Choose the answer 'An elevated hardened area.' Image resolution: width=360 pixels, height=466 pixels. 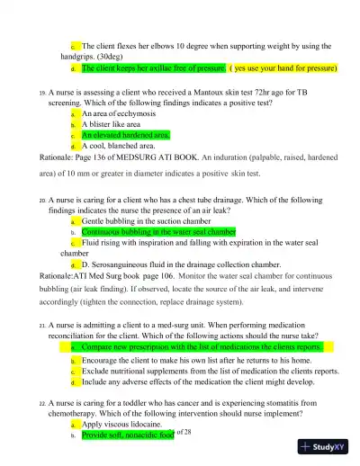[x=125, y=135]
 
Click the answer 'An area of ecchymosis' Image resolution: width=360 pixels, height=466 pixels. [x=121, y=115]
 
